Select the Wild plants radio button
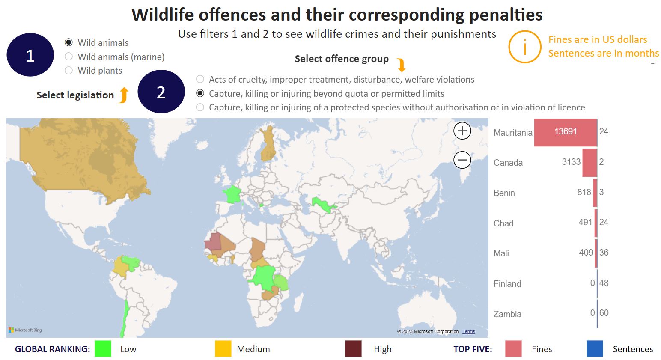68,71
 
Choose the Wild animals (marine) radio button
68,57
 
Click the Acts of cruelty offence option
200,79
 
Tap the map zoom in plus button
462,131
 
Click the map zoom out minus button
462,160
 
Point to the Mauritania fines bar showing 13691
565,132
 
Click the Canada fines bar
590,162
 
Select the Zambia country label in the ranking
507,314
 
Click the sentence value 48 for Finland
604,283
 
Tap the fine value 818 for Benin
584,192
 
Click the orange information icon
524,47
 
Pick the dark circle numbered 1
30,55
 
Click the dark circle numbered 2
161,92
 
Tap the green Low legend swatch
103,348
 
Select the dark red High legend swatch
353,348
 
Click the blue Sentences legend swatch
595,348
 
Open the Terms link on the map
468,331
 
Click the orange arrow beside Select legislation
123,95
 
